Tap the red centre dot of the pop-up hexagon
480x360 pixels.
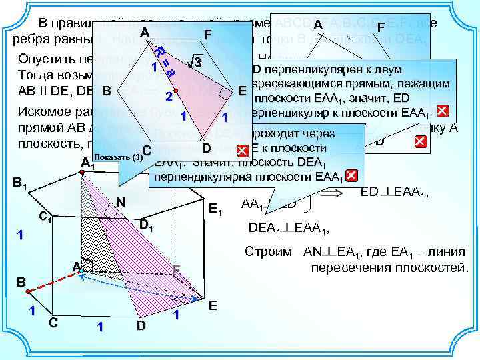click(x=175, y=90)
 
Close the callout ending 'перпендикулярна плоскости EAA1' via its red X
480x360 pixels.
click(x=352, y=176)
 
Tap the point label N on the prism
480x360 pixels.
click(x=121, y=202)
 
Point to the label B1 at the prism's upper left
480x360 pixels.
click(x=19, y=183)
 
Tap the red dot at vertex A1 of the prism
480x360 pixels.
click(x=82, y=173)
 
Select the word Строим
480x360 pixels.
click(x=268, y=253)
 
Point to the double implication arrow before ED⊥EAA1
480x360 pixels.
click(x=332, y=193)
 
